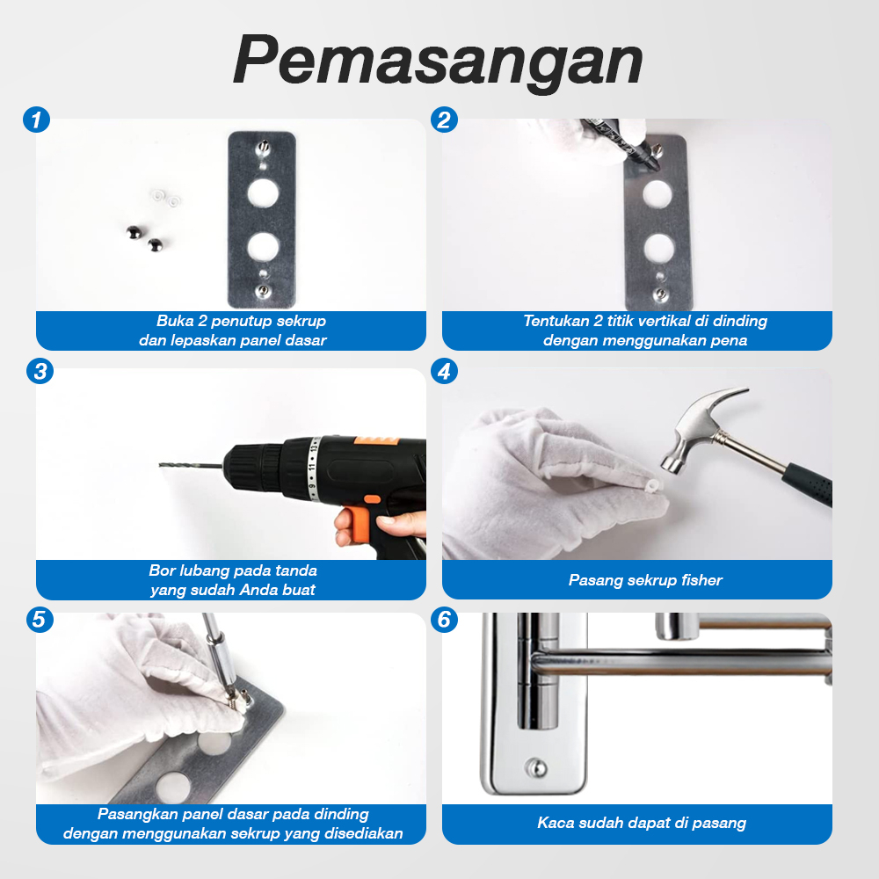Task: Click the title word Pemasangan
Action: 438,61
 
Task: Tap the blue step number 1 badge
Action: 36,120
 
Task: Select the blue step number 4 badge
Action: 444,371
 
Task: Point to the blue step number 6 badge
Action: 444,620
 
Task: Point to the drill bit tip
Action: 160,465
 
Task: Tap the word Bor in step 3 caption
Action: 160,570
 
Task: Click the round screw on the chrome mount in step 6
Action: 536,767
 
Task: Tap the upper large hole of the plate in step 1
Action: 263,193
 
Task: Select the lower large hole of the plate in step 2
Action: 658,249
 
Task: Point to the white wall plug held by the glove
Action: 652,485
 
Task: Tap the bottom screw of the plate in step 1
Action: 262,292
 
